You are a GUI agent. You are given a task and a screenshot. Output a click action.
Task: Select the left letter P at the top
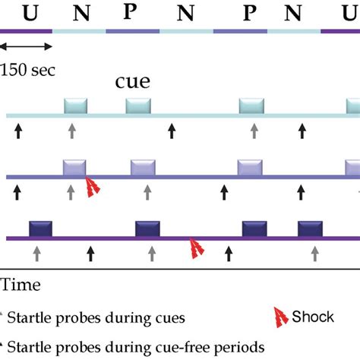130,12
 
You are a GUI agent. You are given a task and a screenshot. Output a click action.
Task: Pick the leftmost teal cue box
75,106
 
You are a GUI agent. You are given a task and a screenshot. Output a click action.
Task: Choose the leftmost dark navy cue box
39,229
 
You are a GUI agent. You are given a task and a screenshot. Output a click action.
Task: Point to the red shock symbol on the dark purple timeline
195,245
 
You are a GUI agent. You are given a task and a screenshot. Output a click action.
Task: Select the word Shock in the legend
313,317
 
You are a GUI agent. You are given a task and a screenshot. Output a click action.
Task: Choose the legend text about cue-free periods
134,346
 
